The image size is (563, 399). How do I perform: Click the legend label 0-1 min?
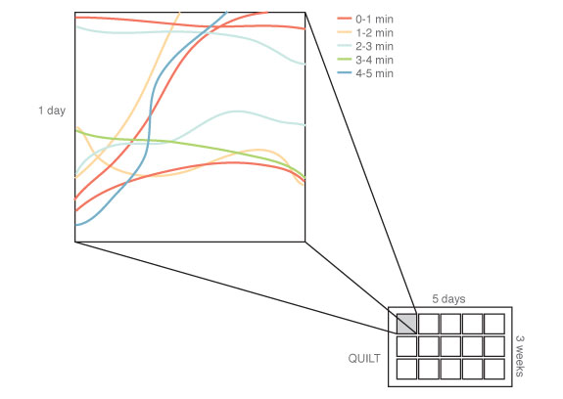[x=374, y=19]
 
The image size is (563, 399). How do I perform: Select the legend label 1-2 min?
[x=374, y=32]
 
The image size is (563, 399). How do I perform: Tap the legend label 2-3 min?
[x=374, y=46]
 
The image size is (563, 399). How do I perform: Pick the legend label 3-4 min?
[x=374, y=60]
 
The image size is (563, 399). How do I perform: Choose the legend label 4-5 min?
[x=374, y=73]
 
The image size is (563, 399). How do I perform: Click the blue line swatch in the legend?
[x=345, y=72]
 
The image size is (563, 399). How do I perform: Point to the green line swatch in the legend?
[x=345, y=59]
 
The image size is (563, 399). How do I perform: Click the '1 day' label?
[x=52, y=111]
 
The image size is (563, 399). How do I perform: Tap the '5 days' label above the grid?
[x=448, y=298]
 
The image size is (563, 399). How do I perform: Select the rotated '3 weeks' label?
[x=519, y=356]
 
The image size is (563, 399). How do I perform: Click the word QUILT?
[x=364, y=358]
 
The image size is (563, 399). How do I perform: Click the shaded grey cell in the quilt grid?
[x=406, y=324]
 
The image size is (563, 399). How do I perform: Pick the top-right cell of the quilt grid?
[x=494, y=324]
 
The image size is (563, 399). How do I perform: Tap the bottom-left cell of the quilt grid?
[x=406, y=369]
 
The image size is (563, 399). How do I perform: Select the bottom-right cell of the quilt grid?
[x=494, y=369]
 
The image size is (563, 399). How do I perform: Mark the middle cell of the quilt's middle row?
[x=450, y=346]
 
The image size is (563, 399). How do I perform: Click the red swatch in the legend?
[x=345, y=19]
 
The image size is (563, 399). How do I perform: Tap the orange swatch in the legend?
[x=345, y=32]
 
